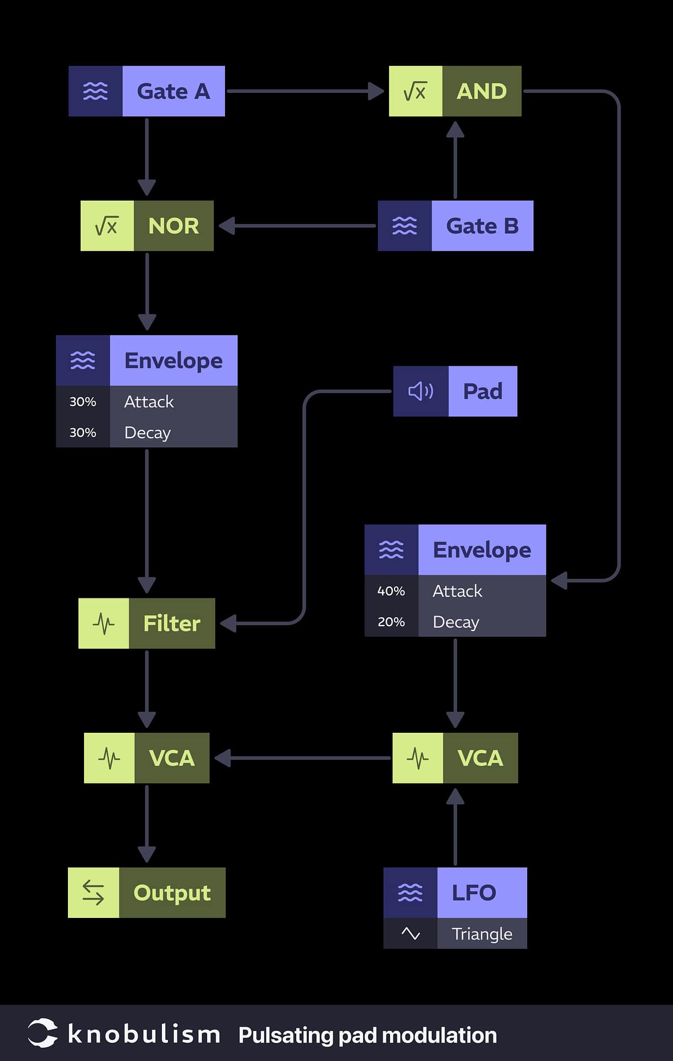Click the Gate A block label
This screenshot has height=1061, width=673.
pyautogui.click(x=173, y=91)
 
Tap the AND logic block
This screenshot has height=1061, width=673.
pyautogui.click(x=481, y=91)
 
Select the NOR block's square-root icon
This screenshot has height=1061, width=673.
pyautogui.click(x=107, y=226)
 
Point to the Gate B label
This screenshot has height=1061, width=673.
pyautogui.click(x=482, y=226)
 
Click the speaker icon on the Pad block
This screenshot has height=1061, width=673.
pyautogui.click(x=420, y=391)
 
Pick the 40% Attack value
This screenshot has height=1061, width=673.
pyautogui.click(x=391, y=591)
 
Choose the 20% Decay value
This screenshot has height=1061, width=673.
pyautogui.click(x=391, y=622)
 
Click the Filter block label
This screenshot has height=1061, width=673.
pyautogui.click(x=172, y=623)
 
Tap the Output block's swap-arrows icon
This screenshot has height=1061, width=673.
pyautogui.click(x=93, y=892)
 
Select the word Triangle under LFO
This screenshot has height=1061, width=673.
pyautogui.click(x=482, y=934)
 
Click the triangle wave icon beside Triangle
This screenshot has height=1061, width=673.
pyautogui.click(x=411, y=934)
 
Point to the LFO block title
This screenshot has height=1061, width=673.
pyautogui.click(x=474, y=892)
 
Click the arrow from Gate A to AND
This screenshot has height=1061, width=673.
pyautogui.click(x=304, y=91)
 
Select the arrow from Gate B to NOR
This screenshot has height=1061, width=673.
pyautogui.click(x=298, y=226)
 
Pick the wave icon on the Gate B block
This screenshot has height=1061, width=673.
pyautogui.click(x=404, y=226)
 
